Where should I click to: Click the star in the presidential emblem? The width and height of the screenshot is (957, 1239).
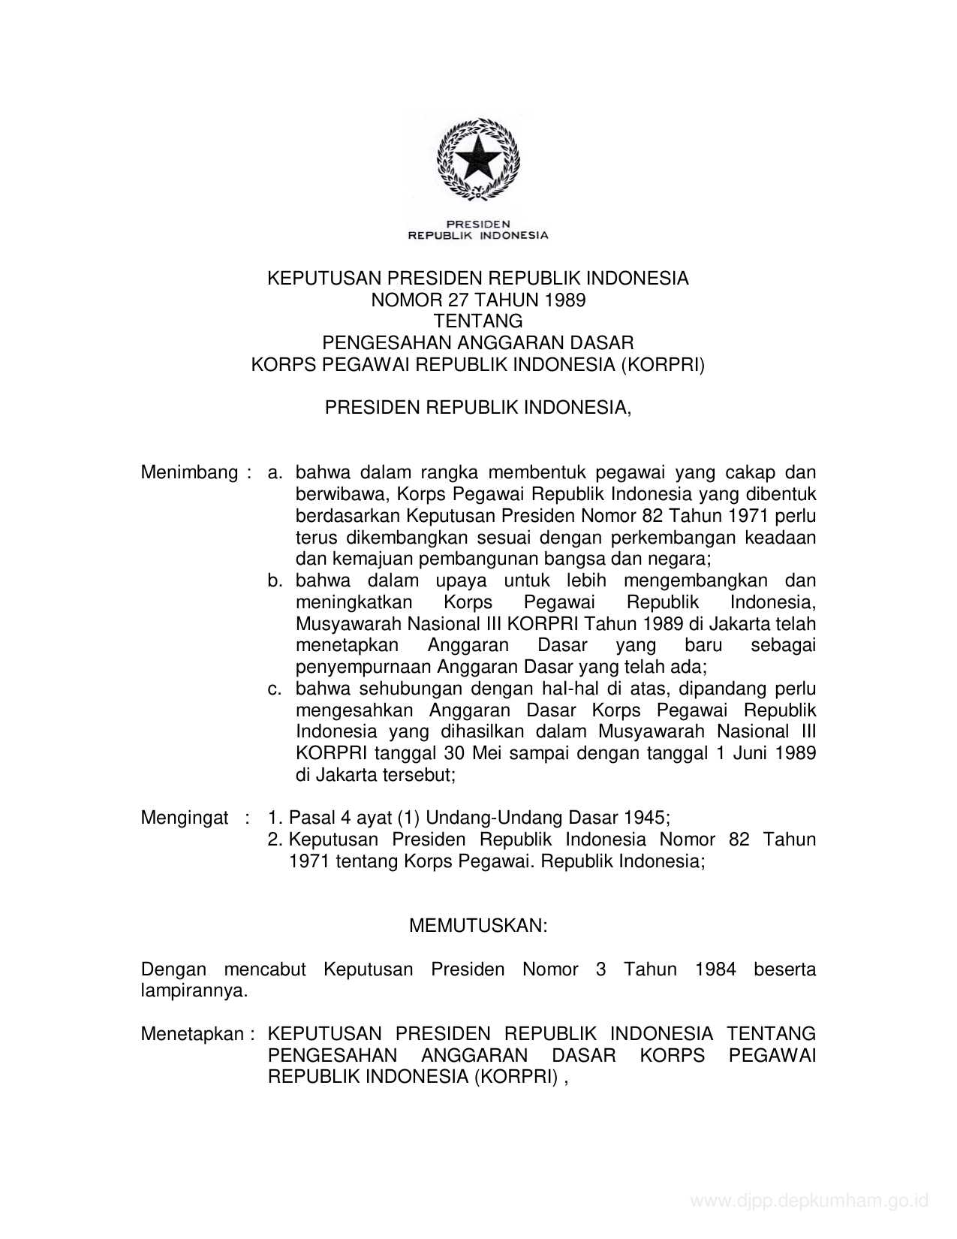coord(478,158)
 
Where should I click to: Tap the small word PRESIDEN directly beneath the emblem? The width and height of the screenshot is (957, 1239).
coord(478,224)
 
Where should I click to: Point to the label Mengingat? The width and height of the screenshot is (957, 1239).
coord(184,818)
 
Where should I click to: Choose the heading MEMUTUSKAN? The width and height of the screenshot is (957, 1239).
coord(478,926)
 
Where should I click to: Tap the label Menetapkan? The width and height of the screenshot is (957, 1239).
coord(192,1034)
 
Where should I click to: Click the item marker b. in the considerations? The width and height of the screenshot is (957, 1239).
coord(275,581)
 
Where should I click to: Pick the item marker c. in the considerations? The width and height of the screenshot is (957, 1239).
coord(275,689)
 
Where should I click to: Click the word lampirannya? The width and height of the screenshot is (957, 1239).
coord(194,990)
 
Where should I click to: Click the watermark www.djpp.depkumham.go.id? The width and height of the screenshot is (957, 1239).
coord(809,1201)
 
